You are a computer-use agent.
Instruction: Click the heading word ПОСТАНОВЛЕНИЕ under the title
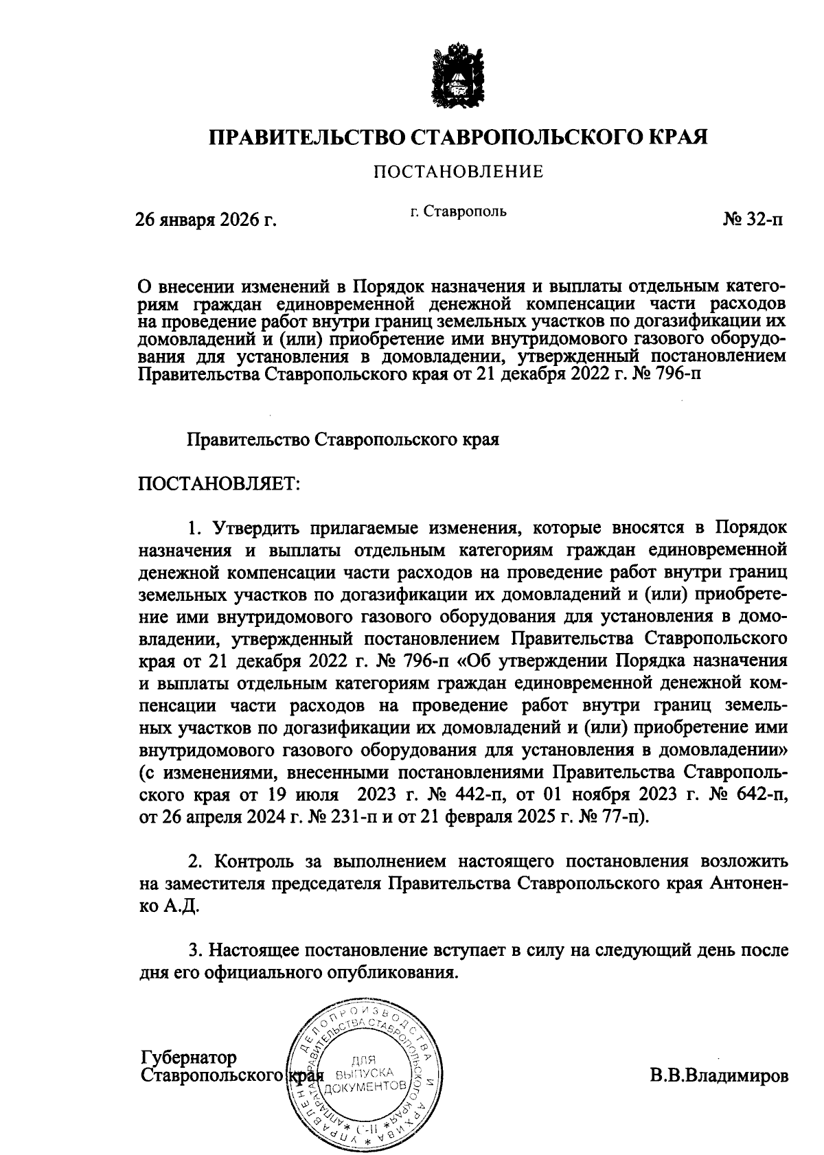click(458, 172)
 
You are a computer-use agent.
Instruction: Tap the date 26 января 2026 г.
click(205, 220)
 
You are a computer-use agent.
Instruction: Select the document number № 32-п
click(752, 220)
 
